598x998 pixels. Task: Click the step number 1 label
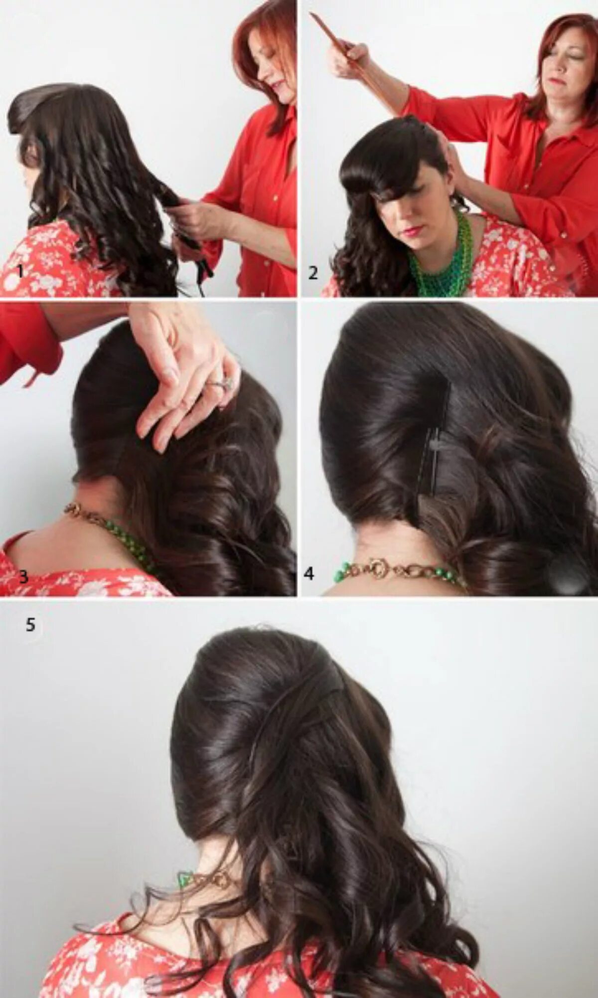(20, 271)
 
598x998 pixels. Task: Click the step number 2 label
(313, 273)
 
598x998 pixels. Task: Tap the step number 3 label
(23, 577)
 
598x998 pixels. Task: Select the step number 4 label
(309, 574)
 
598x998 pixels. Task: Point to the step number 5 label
(30, 625)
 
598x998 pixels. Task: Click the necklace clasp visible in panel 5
(219, 880)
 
